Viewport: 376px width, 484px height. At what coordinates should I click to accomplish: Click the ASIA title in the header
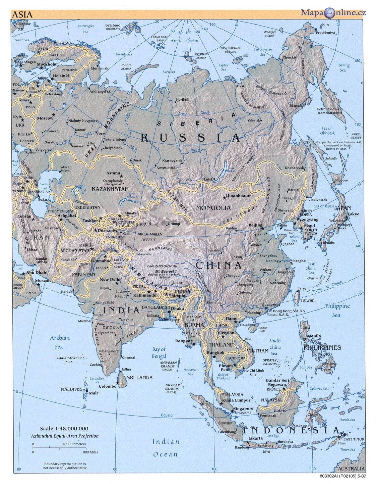point(22,14)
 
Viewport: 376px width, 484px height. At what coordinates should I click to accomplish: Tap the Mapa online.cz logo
point(333,13)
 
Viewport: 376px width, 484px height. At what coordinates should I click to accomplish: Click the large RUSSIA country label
point(191,138)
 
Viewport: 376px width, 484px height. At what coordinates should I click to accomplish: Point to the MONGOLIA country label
point(213,208)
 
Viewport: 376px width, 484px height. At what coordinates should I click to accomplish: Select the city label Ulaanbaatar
point(238,195)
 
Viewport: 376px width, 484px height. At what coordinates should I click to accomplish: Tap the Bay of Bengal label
point(159,353)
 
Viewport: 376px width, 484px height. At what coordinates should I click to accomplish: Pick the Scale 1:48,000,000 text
point(64,429)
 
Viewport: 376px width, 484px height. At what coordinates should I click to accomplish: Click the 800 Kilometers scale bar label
point(74,444)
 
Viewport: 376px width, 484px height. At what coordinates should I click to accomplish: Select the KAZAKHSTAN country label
point(110,189)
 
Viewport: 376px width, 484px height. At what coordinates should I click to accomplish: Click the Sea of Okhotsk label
point(326,131)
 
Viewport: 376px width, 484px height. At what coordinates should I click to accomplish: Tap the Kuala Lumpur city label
point(238,400)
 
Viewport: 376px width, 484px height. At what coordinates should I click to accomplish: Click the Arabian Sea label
point(60,342)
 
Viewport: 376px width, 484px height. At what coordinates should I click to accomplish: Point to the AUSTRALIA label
point(351,469)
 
